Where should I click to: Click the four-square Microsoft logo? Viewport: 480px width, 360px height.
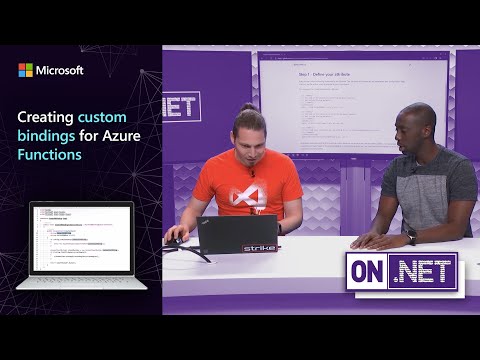click(x=25, y=70)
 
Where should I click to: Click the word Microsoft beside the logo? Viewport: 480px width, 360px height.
click(x=60, y=70)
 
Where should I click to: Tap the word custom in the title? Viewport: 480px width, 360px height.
click(x=102, y=117)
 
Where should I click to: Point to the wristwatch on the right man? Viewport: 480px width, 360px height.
click(x=411, y=237)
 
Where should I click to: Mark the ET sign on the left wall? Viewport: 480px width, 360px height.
click(x=182, y=107)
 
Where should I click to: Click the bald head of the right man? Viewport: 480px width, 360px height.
click(x=417, y=118)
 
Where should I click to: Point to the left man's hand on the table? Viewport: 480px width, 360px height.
click(x=175, y=238)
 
